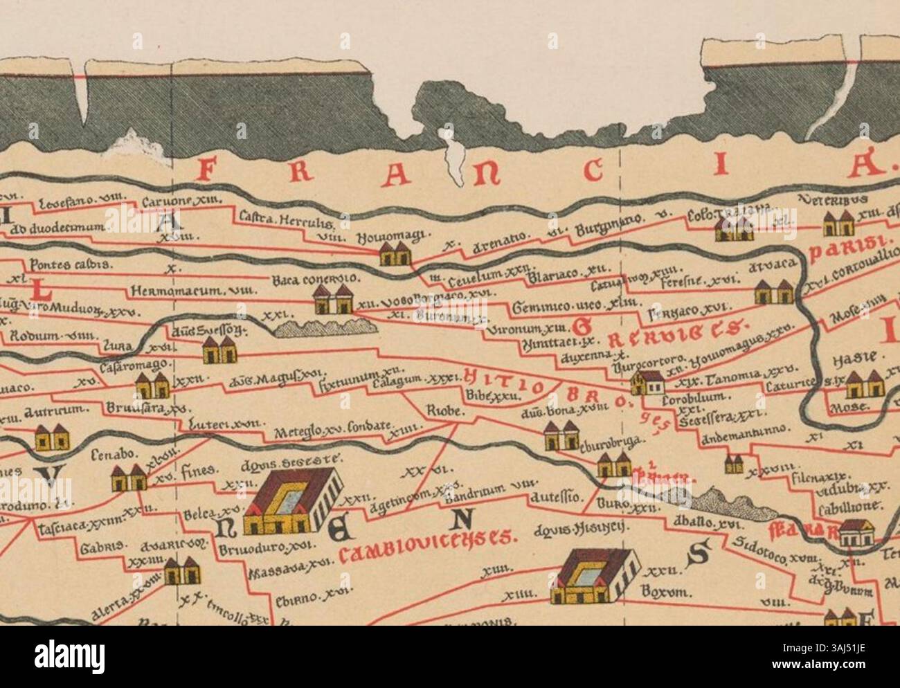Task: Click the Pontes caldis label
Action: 63,264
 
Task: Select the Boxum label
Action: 667,592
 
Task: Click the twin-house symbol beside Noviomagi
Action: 396,254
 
